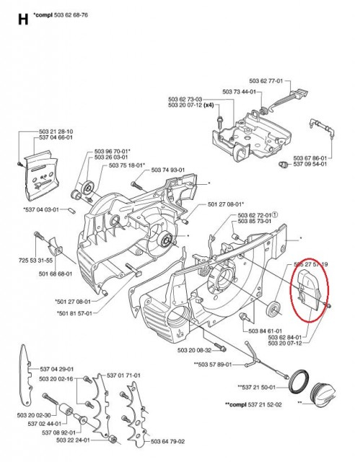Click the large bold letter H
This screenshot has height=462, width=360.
pyautogui.click(x=22, y=19)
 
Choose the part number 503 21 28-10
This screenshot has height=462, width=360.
pyautogui.click(x=56, y=131)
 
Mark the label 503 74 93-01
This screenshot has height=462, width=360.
pyautogui.click(x=167, y=170)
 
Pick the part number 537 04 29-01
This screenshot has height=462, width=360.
pyautogui.click(x=56, y=368)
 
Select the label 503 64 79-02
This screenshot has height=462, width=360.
pyautogui.click(x=167, y=442)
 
